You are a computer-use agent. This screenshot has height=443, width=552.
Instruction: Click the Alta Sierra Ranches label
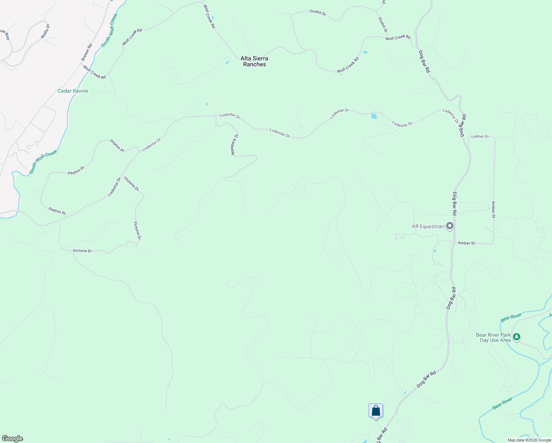click(x=254, y=61)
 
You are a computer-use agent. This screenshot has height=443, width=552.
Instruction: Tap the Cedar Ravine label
click(x=73, y=91)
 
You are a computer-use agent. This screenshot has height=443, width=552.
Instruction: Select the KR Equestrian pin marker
click(x=449, y=226)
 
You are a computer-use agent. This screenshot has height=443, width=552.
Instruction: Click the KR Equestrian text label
click(x=428, y=226)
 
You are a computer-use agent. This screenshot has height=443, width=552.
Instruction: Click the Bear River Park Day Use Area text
click(x=493, y=338)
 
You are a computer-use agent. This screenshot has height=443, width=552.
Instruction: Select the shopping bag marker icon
click(x=376, y=411)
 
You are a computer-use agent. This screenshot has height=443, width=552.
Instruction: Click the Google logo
click(x=12, y=439)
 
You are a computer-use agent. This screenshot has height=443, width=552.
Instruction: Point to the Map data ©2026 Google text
click(x=529, y=440)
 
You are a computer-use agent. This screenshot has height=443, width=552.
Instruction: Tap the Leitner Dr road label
click(x=480, y=137)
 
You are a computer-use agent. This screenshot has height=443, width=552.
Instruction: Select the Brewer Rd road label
click(x=87, y=52)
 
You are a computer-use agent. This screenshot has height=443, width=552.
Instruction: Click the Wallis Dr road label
click(x=45, y=31)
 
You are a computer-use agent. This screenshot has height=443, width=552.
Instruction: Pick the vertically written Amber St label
click(x=493, y=210)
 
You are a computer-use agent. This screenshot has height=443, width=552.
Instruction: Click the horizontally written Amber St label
click(x=466, y=243)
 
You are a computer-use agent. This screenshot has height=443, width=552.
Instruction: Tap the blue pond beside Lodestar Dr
click(x=374, y=116)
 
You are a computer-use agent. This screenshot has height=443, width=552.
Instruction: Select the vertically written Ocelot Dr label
click(x=383, y=24)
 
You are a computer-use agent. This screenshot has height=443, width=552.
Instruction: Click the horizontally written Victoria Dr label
click(x=82, y=251)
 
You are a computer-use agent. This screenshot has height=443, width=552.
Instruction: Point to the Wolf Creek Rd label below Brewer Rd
click(x=94, y=72)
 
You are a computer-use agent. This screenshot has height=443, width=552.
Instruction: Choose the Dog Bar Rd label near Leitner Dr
click(x=462, y=126)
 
